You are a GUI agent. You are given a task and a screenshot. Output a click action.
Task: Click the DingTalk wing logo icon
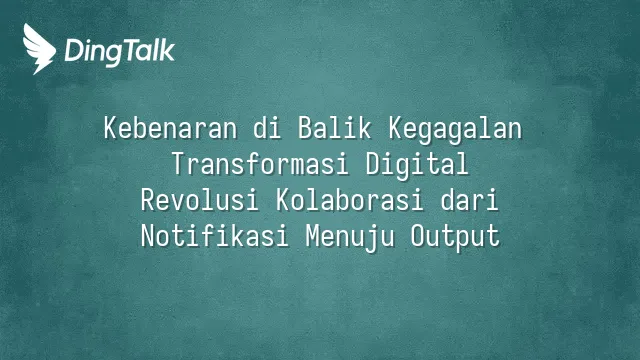click(x=39, y=49)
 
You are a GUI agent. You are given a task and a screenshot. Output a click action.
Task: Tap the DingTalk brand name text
click(x=120, y=52)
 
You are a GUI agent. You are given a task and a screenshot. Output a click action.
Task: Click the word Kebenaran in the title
click(x=170, y=128)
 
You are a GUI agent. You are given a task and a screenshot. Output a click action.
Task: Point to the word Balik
click(x=335, y=128)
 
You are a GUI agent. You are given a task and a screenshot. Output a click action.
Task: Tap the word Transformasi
click(x=260, y=164)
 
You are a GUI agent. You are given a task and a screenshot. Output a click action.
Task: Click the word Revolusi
click(x=200, y=200)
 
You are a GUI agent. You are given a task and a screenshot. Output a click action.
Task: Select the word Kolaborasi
click(x=350, y=200)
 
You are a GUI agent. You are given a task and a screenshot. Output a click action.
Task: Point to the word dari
click(x=470, y=200)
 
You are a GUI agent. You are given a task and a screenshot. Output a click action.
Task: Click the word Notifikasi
click(x=215, y=236)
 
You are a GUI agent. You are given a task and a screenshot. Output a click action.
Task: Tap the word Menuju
click(x=350, y=238)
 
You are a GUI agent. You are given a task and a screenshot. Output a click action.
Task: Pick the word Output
click(x=455, y=238)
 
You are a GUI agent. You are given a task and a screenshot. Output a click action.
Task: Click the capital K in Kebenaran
click(x=110, y=128)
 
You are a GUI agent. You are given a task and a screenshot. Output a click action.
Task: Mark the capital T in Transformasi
click(x=178, y=164)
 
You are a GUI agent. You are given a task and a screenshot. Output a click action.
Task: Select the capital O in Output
click(x=418, y=236)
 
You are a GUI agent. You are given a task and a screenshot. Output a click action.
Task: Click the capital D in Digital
click(x=373, y=164)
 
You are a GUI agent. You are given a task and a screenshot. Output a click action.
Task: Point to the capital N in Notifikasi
click(x=148, y=236)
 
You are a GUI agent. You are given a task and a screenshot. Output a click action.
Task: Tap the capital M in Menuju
click(x=313, y=236)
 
